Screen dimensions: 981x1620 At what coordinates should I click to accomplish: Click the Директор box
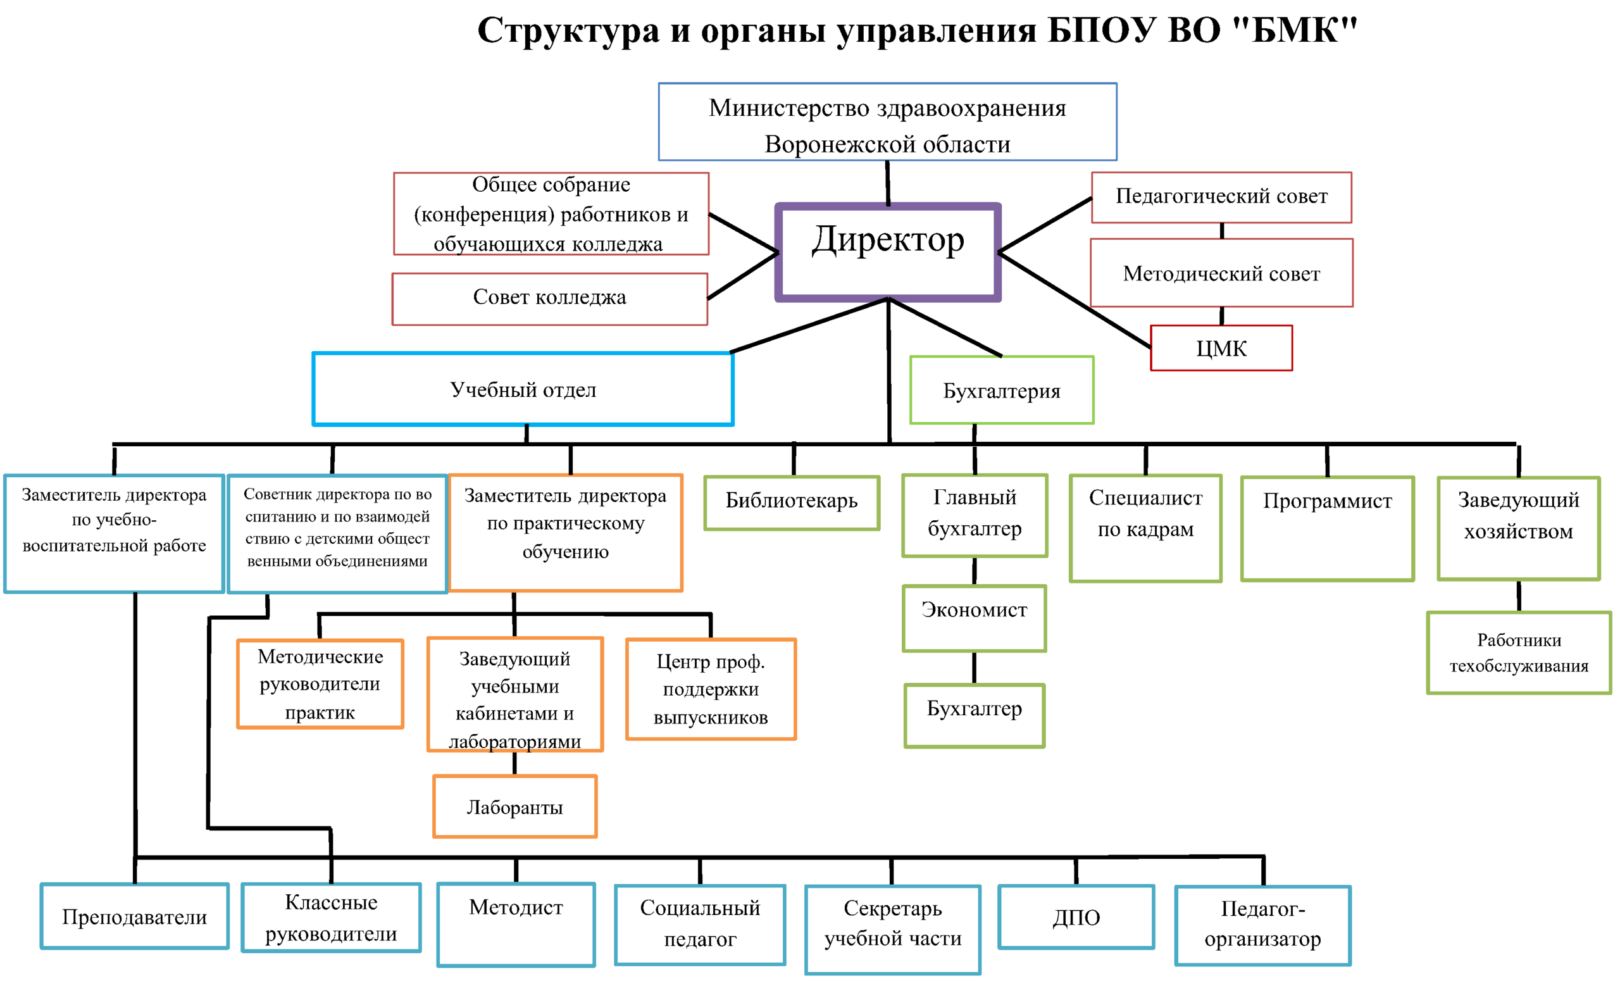pos(888,253)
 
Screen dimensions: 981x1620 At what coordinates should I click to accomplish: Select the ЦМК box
pos(1221,348)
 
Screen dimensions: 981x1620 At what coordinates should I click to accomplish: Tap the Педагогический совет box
pos(1221,197)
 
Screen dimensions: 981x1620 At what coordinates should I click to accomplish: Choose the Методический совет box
pos(1221,273)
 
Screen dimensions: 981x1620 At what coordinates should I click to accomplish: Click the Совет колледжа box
pos(550,299)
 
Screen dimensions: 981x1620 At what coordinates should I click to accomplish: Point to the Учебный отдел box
pos(523,389)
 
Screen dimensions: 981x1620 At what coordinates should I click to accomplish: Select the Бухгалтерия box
pos(1001,391)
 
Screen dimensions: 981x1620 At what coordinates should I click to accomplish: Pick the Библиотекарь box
pos(792,503)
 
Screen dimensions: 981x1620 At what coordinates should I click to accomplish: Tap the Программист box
pos(1327,528)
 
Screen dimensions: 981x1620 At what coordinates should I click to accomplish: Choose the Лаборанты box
pos(515,806)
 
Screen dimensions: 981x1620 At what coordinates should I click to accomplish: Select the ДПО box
pos(1076,916)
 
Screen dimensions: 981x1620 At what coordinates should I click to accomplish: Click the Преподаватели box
pos(135,915)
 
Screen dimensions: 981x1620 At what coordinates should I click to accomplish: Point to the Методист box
pos(516,924)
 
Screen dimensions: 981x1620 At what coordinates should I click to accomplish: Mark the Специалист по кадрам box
pos(1145,528)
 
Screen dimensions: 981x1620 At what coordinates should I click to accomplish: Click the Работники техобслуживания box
pos(1519,653)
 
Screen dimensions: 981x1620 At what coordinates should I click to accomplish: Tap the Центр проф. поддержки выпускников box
pos(711,689)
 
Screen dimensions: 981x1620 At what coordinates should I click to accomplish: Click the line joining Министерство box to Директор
pos(888,183)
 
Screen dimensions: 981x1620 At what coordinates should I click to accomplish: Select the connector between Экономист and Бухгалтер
pos(974,667)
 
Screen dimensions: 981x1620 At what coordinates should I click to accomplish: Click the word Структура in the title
pos(568,30)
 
